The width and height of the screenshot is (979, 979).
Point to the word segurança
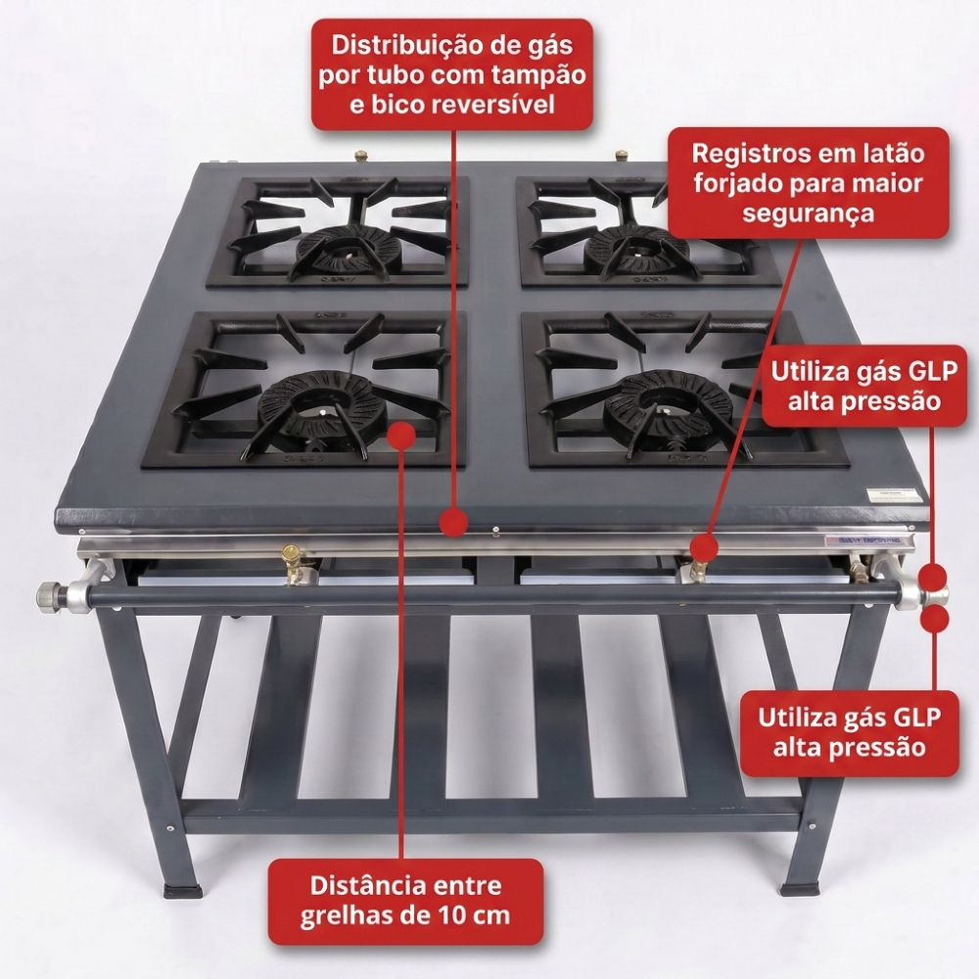[x=808, y=212]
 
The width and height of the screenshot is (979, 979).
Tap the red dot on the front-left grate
[x=401, y=436]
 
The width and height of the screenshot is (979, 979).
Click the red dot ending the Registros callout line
[x=704, y=549]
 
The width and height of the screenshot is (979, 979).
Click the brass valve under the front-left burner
[x=291, y=563]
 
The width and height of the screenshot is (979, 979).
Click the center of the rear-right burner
[x=637, y=253]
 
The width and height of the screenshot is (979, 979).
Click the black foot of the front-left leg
[x=183, y=889]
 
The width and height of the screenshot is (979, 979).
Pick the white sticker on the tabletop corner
[x=892, y=493]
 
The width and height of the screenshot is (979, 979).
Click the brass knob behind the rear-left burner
[x=361, y=157]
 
